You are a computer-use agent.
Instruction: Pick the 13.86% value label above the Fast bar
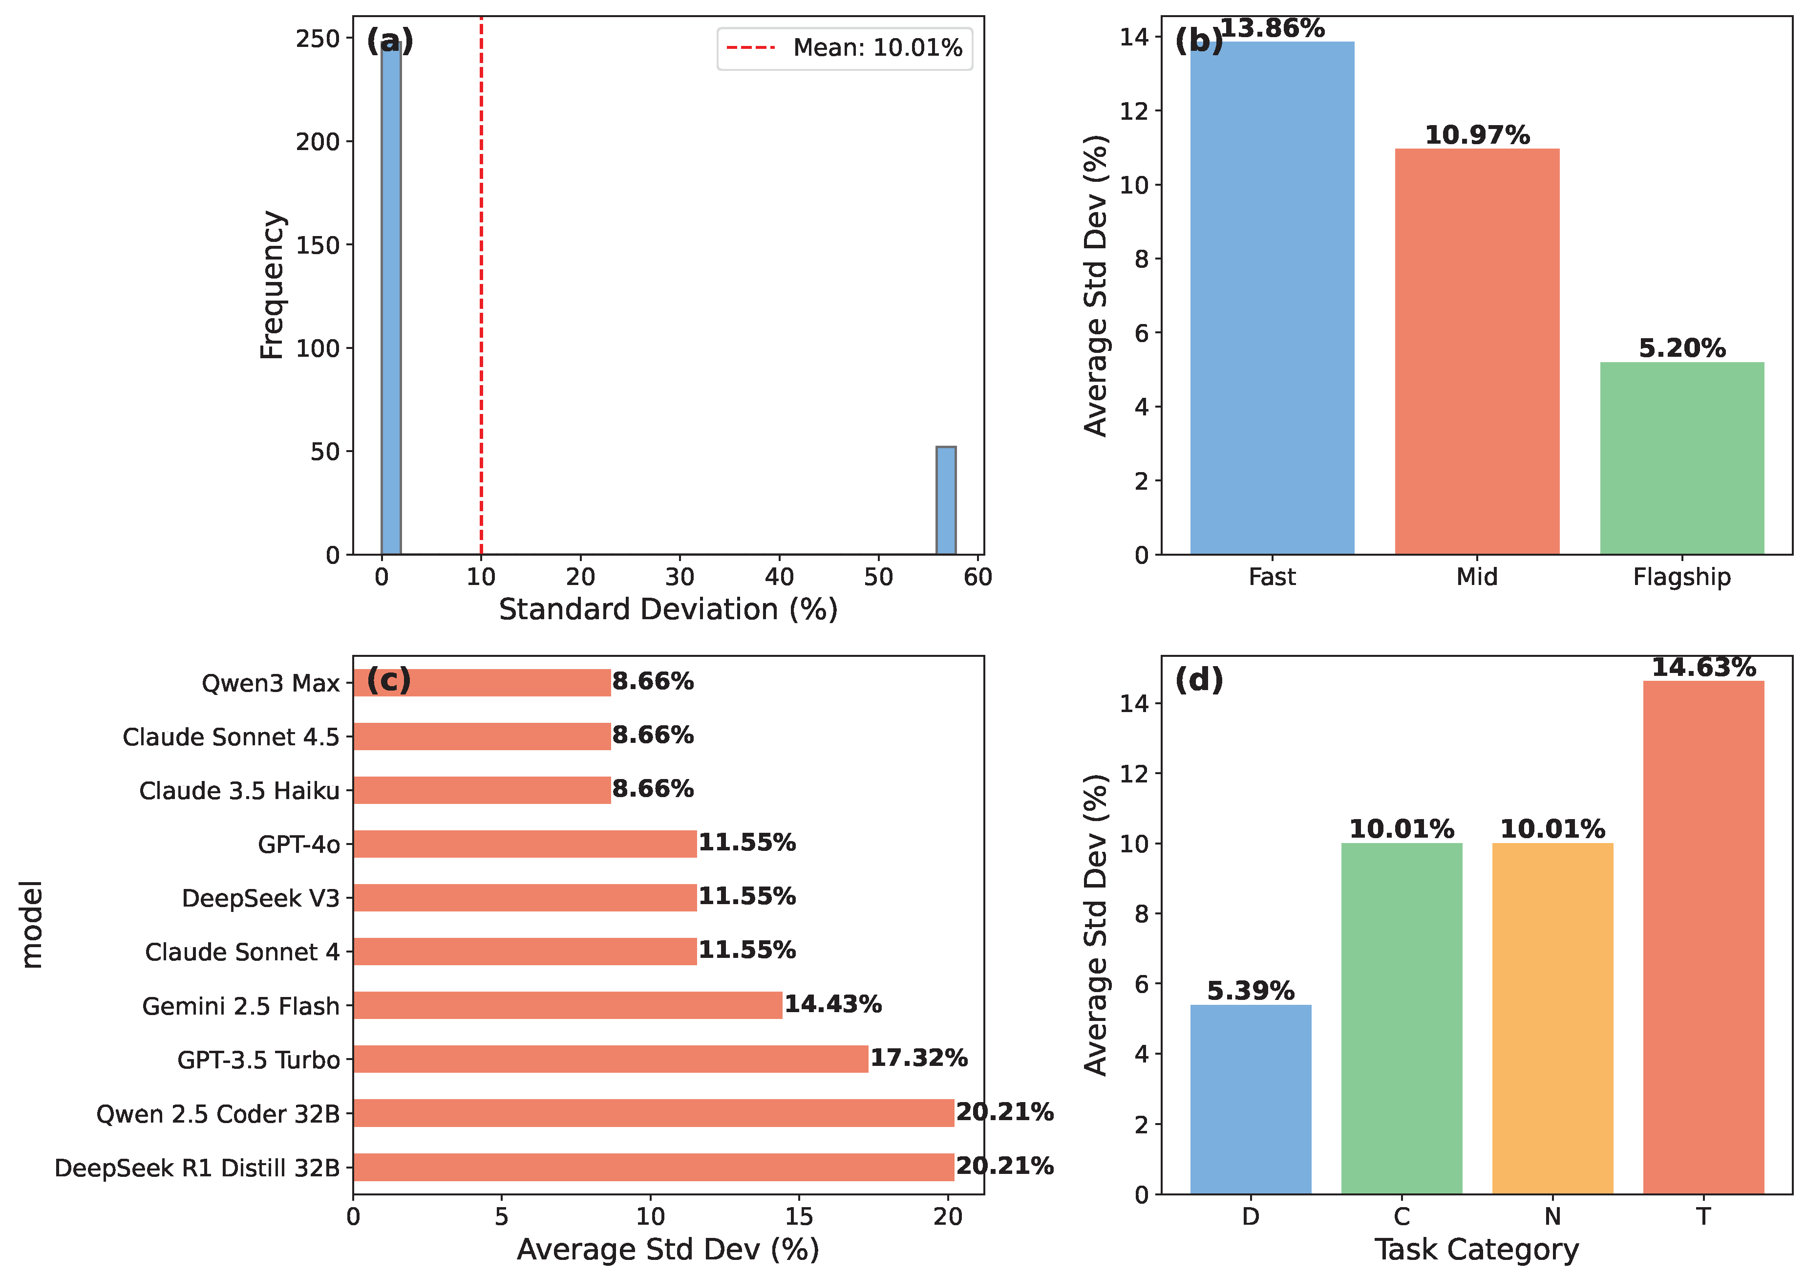pyautogui.click(x=1272, y=28)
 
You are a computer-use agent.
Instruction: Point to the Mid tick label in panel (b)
pyautogui.click(x=1476, y=577)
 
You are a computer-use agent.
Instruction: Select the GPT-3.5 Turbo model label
pyautogui.click(x=258, y=1060)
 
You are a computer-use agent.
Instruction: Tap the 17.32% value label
pyautogui.click(x=918, y=1058)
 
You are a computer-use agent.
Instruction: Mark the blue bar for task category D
pyautogui.click(x=1251, y=1099)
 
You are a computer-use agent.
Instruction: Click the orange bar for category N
pyautogui.click(x=1552, y=1018)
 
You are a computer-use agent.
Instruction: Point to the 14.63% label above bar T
pyautogui.click(x=1703, y=667)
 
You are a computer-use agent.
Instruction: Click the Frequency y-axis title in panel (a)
pyautogui.click(x=272, y=285)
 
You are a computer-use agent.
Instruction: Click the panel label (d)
pyautogui.click(x=1199, y=679)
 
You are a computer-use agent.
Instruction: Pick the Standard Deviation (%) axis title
pyautogui.click(x=668, y=609)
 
